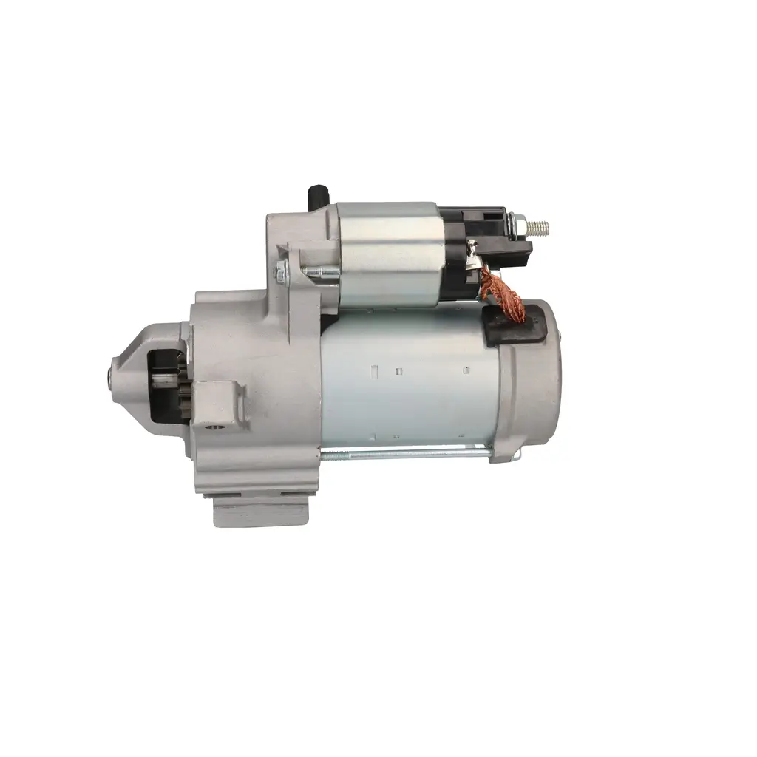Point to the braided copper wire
504,294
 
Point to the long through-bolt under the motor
407,452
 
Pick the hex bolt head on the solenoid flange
280,273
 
